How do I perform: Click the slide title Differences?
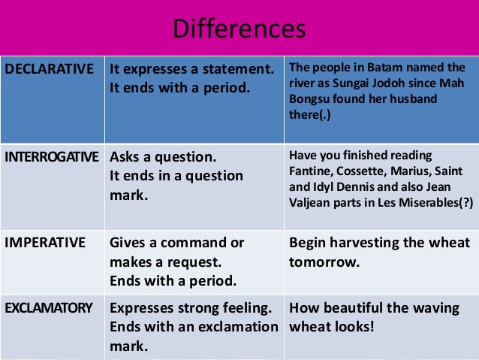coord(239,29)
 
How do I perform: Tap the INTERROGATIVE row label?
coord(51,158)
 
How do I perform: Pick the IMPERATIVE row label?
coord(45,243)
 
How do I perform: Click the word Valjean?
coord(312,203)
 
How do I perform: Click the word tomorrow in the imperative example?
coord(324,263)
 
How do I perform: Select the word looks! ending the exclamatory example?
coord(352,328)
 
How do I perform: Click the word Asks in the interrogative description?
coord(127,158)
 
